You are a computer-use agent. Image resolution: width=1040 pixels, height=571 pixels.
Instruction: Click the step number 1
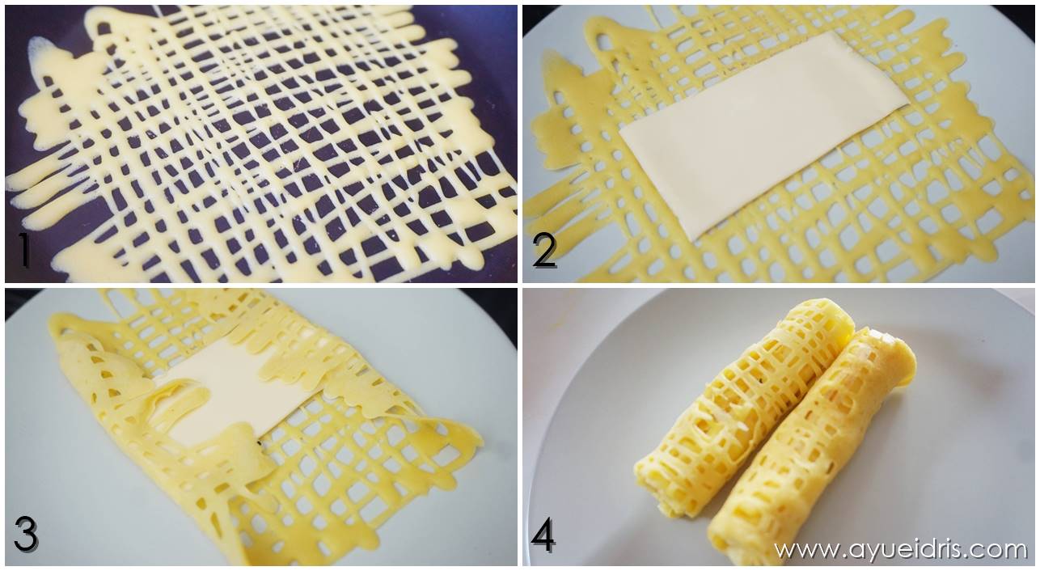tap(23, 250)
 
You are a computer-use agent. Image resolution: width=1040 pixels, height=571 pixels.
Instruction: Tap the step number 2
tap(544, 251)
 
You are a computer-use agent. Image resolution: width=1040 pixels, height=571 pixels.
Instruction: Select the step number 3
tap(26, 534)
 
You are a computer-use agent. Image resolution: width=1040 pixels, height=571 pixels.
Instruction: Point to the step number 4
tap(543, 535)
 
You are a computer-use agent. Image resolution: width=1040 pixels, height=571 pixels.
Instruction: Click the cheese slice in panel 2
tap(763, 137)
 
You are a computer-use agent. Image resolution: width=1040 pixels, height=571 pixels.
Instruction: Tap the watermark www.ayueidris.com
tap(900, 550)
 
